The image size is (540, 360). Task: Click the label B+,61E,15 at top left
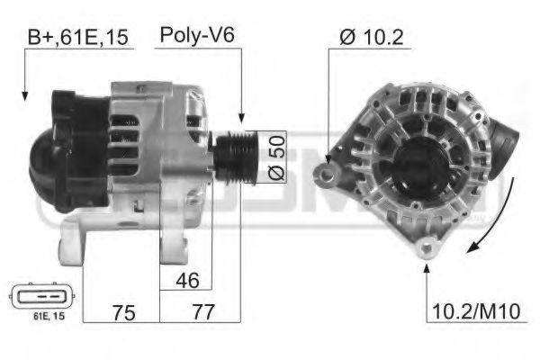click(x=77, y=37)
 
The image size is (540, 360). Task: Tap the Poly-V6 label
click(x=197, y=35)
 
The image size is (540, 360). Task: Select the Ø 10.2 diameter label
click(x=371, y=37)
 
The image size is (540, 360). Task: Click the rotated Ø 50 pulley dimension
click(x=277, y=157)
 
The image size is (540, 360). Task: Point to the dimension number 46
click(x=187, y=280)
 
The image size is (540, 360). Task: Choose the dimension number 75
click(x=124, y=312)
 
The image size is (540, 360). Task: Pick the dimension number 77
click(x=203, y=311)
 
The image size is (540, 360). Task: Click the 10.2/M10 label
click(x=476, y=311)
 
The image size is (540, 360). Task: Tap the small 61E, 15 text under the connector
click(x=49, y=316)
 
